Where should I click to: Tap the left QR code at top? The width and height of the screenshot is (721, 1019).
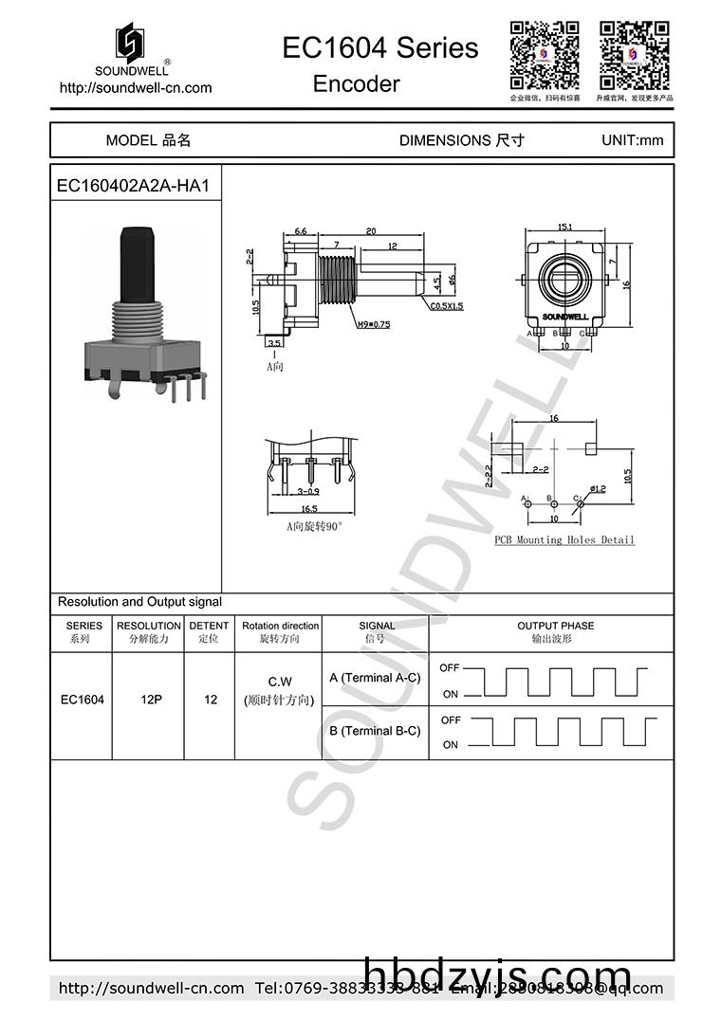pyautogui.click(x=545, y=53)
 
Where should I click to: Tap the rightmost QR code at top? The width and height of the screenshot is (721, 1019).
pyautogui.click(x=634, y=53)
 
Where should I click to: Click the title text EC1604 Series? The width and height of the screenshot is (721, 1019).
pyautogui.click(x=379, y=47)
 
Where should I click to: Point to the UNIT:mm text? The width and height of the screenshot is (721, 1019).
pyautogui.click(x=632, y=140)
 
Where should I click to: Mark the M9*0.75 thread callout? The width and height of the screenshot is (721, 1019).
pyautogui.click(x=373, y=324)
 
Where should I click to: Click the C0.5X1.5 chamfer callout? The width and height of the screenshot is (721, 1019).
pyautogui.click(x=446, y=306)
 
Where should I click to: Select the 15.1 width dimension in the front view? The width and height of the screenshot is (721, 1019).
pyautogui.click(x=564, y=227)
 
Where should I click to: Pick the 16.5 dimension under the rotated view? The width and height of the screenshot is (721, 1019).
pyautogui.click(x=309, y=509)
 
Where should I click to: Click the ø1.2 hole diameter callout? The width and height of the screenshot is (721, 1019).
pyautogui.click(x=598, y=489)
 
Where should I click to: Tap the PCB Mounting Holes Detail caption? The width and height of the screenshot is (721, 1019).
pyautogui.click(x=564, y=539)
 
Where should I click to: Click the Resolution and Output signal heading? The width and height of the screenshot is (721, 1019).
pyautogui.click(x=139, y=602)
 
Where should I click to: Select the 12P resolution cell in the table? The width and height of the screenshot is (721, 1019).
pyautogui.click(x=149, y=700)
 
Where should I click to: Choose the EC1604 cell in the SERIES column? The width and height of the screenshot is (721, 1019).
pyautogui.click(x=83, y=700)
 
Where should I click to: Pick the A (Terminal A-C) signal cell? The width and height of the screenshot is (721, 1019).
pyautogui.click(x=375, y=678)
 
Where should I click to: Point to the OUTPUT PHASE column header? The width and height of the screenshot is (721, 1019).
pyautogui.click(x=555, y=626)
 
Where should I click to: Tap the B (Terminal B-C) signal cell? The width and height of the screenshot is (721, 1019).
pyautogui.click(x=375, y=731)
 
